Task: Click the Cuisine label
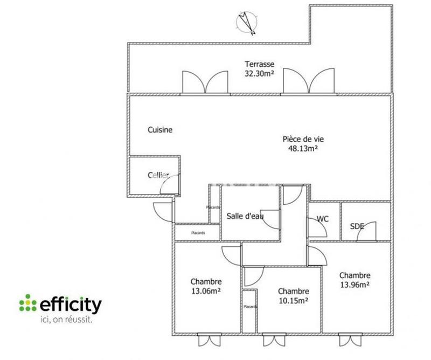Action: (x=160, y=130)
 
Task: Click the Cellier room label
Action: (x=158, y=176)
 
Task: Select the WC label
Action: (x=323, y=219)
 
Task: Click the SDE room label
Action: (x=357, y=226)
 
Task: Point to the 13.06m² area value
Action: (x=206, y=290)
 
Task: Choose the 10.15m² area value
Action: (x=294, y=300)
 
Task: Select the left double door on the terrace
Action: (x=203, y=82)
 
